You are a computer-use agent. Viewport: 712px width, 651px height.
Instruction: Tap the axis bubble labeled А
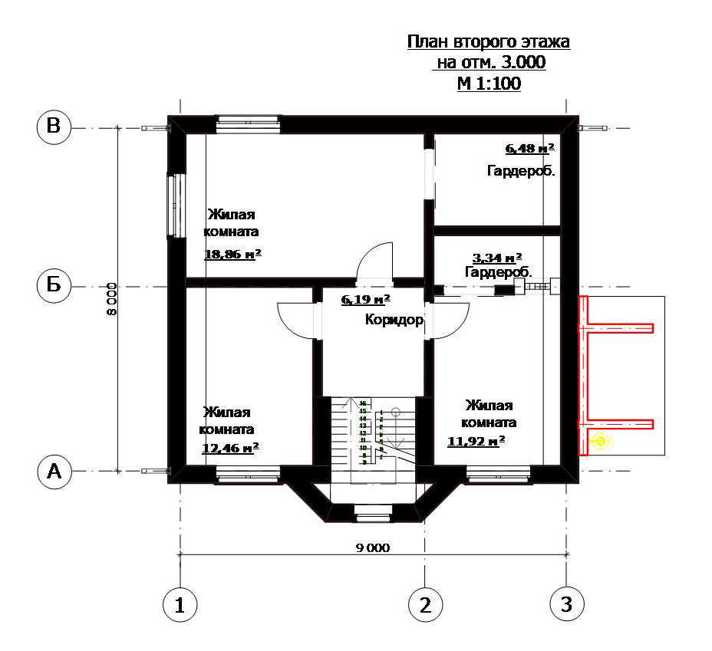coord(54,472)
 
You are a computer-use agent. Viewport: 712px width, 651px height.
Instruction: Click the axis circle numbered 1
coord(180,605)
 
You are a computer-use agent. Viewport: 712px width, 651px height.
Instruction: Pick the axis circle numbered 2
coord(424,605)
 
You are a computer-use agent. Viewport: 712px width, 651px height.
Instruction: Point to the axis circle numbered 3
coord(566,605)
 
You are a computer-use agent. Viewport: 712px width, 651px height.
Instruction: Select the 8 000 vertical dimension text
coord(111,299)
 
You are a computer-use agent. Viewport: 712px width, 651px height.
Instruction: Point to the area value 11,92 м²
coord(476,440)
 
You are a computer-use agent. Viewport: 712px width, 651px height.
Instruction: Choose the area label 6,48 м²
coord(529,149)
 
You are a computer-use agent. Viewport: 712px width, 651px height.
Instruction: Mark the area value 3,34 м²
coord(497,258)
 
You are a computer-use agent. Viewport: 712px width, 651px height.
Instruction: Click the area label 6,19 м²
coord(365,299)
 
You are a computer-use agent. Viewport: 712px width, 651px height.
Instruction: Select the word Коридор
coord(394,321)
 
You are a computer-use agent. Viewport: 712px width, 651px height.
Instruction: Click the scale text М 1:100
coord(489,84)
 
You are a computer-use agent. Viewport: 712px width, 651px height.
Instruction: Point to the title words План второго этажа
coord(489,41)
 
